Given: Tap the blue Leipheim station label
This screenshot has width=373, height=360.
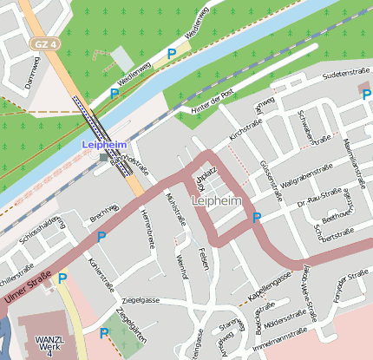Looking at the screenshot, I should (x=104, y=146).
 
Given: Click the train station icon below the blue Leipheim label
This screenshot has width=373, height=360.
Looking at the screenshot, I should (x=104, y=157).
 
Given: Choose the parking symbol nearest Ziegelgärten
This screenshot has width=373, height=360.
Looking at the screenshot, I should (x=105, y=333).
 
